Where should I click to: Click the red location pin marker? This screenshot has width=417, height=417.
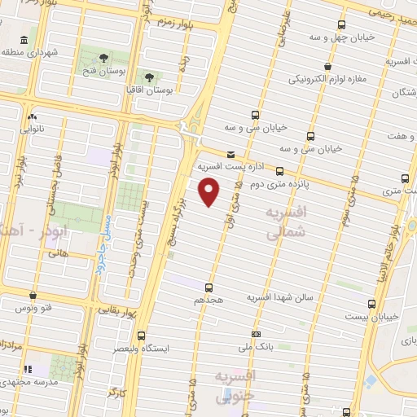pyautogui.click(x=209, y=192)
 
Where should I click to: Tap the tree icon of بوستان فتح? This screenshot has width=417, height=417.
pyautogui.click(x=104, y=57)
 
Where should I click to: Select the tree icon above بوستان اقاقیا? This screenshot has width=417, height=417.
pyautogui.click(x=148, y=75)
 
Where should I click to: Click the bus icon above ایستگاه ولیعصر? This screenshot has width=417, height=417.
pyautogui.click(x=141, y=335)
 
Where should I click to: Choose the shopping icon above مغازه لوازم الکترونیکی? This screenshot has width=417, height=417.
pyautogui.click(x=327, y=67)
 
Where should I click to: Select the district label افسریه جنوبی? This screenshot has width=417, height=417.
pyautogui.click(x=236, y=386)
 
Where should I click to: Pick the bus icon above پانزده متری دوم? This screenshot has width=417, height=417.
pyautogui.click(x=280, y=171)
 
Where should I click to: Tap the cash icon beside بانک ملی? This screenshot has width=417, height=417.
pyautogui.click(x=257, y=334)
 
